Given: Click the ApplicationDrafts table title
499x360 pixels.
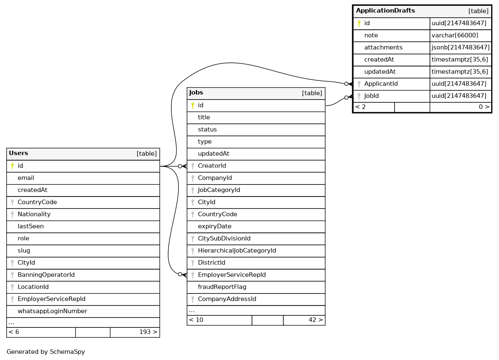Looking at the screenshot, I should pos(385,11).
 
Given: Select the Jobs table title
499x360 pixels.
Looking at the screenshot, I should pos(196,93).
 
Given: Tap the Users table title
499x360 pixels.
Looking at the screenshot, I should pos(19,154).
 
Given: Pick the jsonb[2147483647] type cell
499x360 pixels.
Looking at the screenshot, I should pos(461,47).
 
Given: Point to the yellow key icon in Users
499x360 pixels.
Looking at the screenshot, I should pos(12,166).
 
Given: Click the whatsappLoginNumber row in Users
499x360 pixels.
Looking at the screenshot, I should pos(52,311).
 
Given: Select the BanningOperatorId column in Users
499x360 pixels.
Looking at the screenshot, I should pos(46,275).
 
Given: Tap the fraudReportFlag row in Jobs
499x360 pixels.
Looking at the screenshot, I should pos(222,287).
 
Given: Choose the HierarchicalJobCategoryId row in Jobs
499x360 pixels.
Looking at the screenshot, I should pos(237,251).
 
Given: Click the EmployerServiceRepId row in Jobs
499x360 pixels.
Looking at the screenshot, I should pos(231,275).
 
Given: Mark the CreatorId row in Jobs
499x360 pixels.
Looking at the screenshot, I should pos(212,166).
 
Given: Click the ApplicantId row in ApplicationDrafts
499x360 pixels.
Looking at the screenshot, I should pos(381,84).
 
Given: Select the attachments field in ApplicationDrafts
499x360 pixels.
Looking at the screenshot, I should pos(383,47).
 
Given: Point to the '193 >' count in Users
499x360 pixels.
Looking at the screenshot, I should pos(148,332).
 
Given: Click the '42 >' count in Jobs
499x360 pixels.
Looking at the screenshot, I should pos(316,320).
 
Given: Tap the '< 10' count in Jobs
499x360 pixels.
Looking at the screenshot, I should pos(196,320).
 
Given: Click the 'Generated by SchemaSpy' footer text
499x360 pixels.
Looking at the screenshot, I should pos(46,352).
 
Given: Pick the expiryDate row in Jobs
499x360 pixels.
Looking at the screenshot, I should pos(214,227).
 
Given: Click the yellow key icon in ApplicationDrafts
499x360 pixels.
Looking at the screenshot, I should pos(359,24).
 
